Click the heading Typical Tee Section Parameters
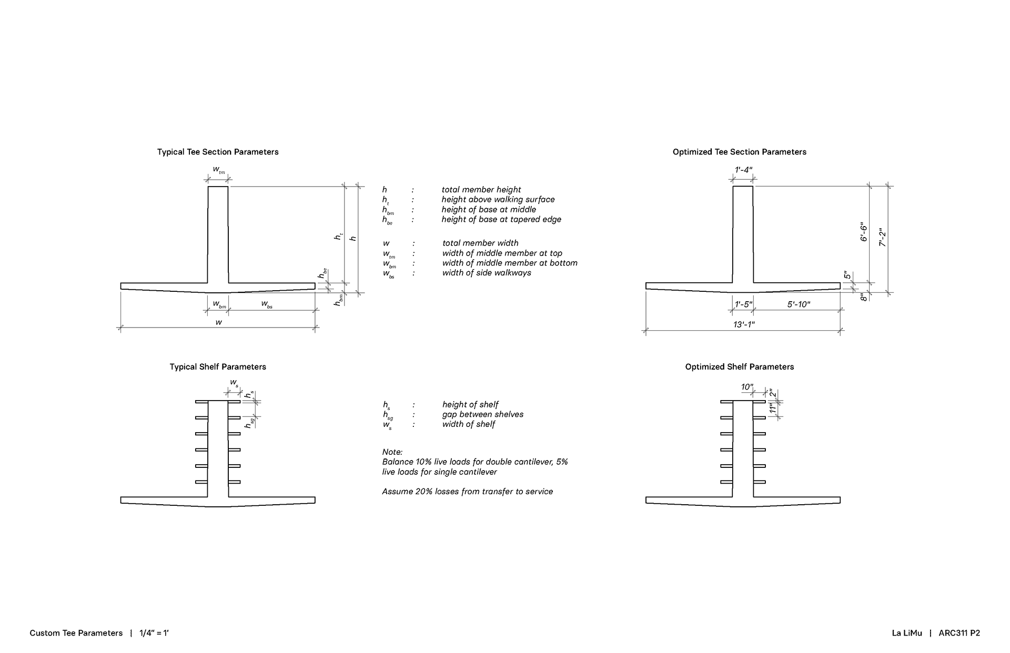[218, 152]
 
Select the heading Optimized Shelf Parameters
[739, 367]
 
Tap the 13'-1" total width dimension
[744, 325]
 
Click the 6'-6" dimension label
[864, 232]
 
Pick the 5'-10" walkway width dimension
[799, 304]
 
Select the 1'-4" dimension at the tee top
[743, 170]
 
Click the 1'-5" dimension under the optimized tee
[743, 304]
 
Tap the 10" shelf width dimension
[747, 387]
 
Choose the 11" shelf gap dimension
[773, 409]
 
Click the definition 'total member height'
[481, 190]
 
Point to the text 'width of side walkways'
[487, 273]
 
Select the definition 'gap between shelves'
[483, 414]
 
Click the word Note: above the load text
[392, 452]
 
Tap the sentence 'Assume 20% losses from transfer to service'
[468, 492]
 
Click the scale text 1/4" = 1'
[154, 633]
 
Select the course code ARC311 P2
[959, 633]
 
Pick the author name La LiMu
[907, 633]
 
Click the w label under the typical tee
[219, 322]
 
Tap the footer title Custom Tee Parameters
[76, 633]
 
